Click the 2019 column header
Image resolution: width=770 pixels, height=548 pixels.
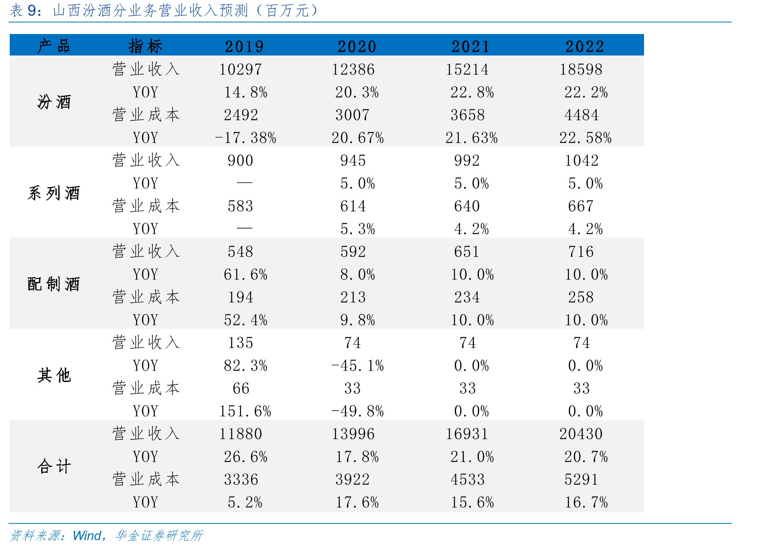(244, 46)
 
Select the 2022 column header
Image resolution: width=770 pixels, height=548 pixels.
(585, 46)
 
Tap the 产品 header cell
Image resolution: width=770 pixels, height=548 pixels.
(54, 46)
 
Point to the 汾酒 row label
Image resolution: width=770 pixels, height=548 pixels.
(54, 102)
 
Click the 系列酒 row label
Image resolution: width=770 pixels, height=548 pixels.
(54, 193)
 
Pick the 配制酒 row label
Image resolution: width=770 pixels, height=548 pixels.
(54, 284)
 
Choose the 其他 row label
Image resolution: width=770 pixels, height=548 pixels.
(54, 375)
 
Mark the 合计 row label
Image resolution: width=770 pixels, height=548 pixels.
(54, 466)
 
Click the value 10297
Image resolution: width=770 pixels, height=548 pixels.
(241, 69)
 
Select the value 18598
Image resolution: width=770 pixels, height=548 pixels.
(581, 69)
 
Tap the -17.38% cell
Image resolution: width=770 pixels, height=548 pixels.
(245, 138)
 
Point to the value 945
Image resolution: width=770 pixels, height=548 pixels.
(353, 160)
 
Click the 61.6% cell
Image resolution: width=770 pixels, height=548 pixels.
(245, 275)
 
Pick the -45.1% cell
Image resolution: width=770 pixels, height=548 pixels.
(358, 366)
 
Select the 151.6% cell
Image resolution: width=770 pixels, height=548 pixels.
(245, 411)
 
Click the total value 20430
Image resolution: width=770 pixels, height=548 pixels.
(581, 434)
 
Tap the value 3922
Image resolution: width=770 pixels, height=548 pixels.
(353, 480)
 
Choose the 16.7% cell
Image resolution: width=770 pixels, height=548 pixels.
(586, 502)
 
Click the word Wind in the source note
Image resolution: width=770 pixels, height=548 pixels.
(87, 535)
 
